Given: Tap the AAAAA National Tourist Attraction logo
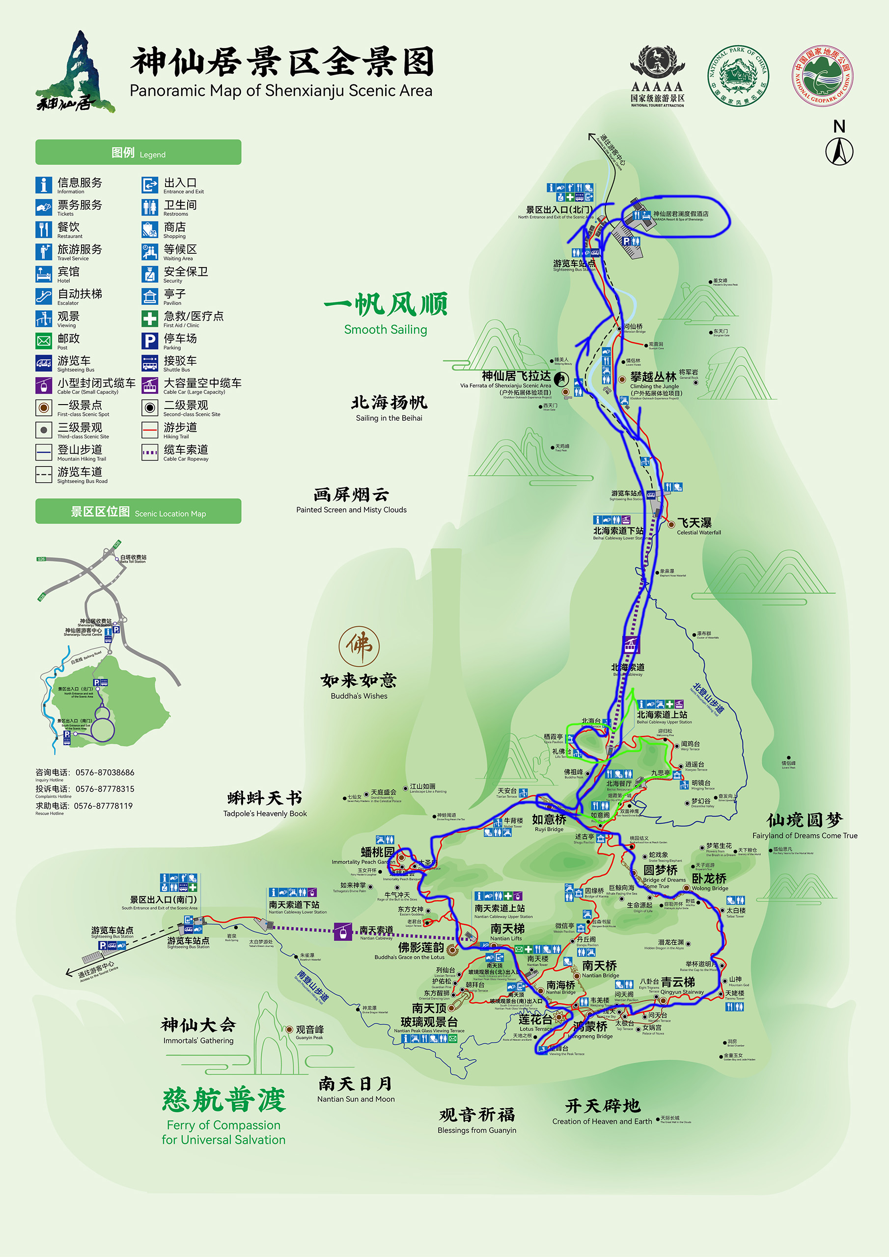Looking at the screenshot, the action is click(x=657, y=77).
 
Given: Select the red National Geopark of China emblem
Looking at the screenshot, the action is click(x=822, y=76).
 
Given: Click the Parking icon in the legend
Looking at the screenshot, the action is click(x=149, y=341).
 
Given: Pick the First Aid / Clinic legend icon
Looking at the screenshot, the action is click(x=149, y=319).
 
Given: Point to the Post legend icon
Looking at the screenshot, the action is click(x=44, y=341).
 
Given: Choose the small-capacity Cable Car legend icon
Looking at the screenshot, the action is click(x=44, y=385).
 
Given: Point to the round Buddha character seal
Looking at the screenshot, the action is click(x=359, y=646).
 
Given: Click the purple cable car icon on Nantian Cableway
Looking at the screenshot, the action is click(x=342, y=931).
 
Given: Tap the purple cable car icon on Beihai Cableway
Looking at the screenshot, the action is click(x=631, y=644).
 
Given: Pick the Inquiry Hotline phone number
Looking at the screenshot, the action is click(x=105, y=772).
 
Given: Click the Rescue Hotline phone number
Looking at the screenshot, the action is click(x=103, y=806).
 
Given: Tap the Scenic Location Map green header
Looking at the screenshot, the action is click(x=138, y=511).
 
